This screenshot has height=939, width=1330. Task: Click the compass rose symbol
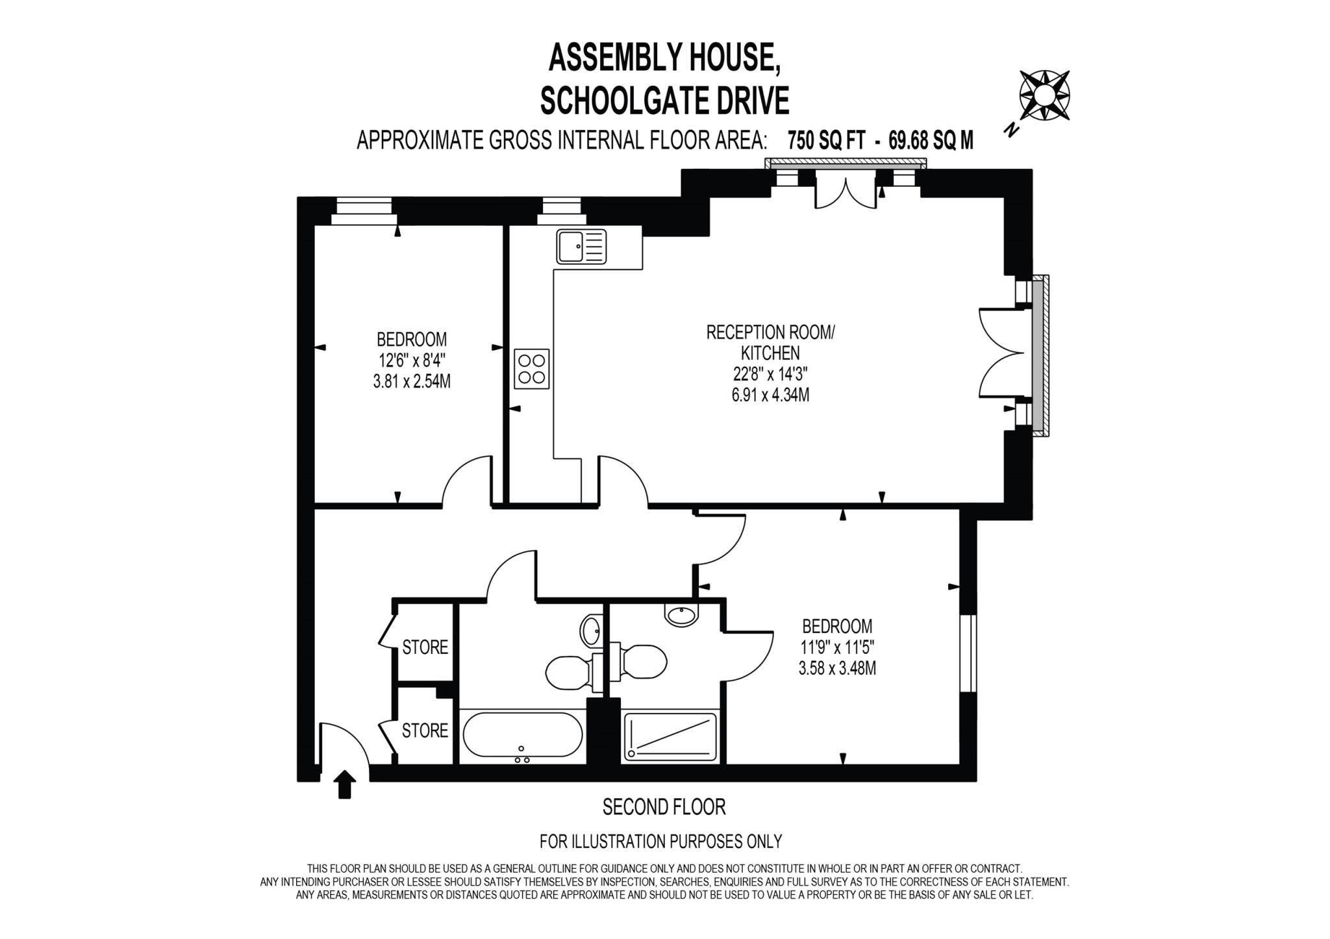(x=1044, y=96)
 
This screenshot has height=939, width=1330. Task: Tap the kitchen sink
(x=581, y=247)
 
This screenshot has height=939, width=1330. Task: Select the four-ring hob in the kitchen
(x=532, y=369)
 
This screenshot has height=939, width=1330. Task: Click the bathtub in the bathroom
(x=523, y=735)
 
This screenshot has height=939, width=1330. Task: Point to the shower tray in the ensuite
(x=670, y=737)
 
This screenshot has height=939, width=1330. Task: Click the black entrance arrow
(x=345, y=784)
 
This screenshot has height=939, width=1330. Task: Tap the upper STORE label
(x=425, y=647)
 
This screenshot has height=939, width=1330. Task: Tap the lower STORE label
(x=425, y=731)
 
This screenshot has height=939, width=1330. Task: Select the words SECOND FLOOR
(x=664, y=807)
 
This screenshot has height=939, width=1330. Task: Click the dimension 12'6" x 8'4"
(x=412, y=360)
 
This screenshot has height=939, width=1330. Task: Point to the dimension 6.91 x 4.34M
(x=770, y=395)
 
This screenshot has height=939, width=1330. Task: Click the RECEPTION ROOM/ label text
(x=770, y=332)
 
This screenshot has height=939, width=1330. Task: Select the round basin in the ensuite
(x=681, y=614)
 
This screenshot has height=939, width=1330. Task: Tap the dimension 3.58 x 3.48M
(x=837, y=668)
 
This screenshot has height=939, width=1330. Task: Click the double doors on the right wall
(x=1000, y=353)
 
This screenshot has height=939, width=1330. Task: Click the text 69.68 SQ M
(x=931, y=140)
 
